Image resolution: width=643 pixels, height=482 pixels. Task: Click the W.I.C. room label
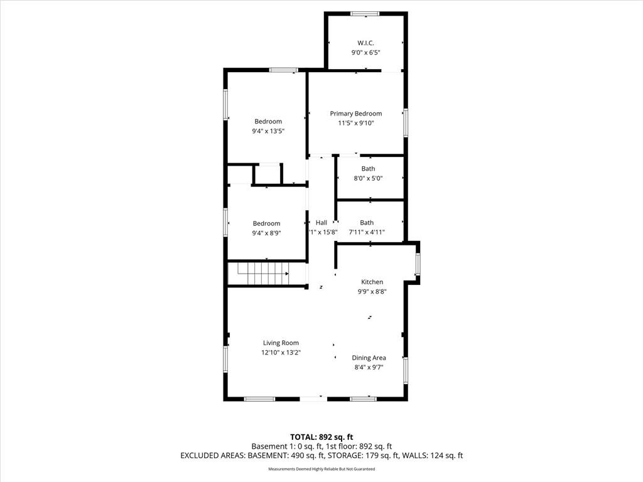tap(365, 43)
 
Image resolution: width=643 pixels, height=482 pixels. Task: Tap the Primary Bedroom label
tap(356, 114)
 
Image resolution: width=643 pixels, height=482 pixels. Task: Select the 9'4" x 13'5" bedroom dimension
tap(268, 131)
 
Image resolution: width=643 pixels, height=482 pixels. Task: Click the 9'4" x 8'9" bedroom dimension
tap(266, 233)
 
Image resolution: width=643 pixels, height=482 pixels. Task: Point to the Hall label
tap(321, 223)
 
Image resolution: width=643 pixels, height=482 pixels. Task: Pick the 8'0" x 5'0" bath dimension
tap(368, 178)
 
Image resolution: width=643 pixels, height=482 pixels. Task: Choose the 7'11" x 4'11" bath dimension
tap(367, 232)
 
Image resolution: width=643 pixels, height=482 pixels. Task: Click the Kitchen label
tap(372, 282)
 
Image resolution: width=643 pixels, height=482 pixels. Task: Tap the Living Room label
tap(281, 343)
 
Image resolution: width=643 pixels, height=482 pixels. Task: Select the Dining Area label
tap(369, 358)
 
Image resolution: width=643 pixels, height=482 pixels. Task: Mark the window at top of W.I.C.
tap(365, 14)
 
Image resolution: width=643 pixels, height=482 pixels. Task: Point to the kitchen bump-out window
tap(418, 264)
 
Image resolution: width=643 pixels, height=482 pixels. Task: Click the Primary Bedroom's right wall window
tap(406, 122)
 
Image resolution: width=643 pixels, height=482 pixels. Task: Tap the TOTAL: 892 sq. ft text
tap(321, 437)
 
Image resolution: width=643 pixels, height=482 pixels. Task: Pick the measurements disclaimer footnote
tap(321, 469)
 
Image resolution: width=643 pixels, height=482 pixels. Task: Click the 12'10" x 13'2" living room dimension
tap(281, 353)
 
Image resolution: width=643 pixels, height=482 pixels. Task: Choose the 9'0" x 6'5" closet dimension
tap(366, 53)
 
